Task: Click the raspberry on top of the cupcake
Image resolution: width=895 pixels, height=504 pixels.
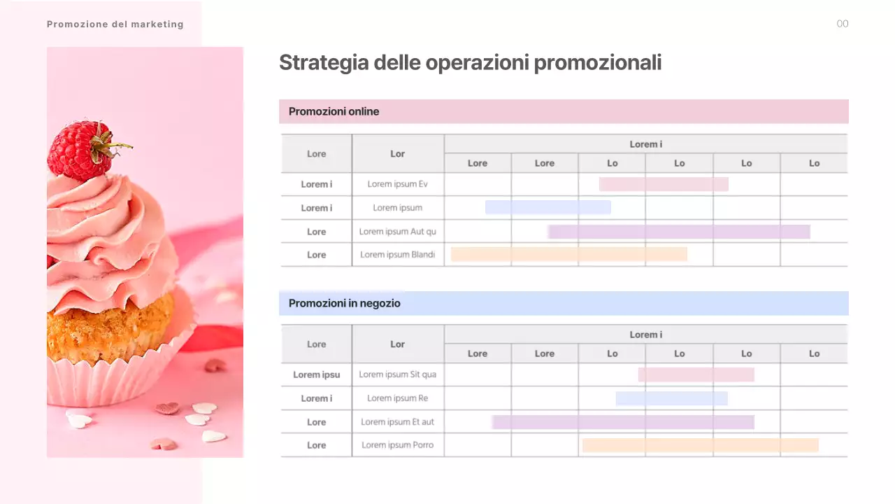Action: pos(80,150)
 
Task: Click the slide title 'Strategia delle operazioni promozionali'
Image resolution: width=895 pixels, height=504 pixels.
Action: pos(470,63)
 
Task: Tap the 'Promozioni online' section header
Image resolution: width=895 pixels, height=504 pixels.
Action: pos(334,111)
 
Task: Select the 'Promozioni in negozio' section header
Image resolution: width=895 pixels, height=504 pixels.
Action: pos(345,303)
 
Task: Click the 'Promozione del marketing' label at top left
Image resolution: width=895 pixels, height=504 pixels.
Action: pos(115,24)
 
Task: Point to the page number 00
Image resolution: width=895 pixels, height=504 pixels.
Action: pos(843,24)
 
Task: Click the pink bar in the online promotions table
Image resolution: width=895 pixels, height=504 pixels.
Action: pos(664,184)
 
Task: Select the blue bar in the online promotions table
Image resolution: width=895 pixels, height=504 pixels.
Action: pos(547,207)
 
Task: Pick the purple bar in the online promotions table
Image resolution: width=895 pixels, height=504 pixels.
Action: pos(679,232)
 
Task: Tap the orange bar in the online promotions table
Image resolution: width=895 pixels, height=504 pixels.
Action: pos(568,255)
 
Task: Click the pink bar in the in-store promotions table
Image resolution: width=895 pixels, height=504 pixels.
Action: pos(696,374)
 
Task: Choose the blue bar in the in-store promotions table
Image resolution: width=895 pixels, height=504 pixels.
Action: pos(671,398)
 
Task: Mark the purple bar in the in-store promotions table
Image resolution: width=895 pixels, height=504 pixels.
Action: pos(623,422)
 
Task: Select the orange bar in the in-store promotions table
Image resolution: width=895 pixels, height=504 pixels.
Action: pos(700,445)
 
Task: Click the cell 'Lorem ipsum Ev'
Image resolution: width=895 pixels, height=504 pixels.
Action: pos(398,184)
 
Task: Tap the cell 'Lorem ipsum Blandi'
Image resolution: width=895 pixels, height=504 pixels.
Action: pos(398,255)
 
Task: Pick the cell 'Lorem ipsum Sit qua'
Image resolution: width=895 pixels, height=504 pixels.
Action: pos(398,374)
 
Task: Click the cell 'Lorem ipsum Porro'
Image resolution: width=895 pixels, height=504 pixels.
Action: pos(398,445)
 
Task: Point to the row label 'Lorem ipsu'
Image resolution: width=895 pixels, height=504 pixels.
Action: pos(317,374)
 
